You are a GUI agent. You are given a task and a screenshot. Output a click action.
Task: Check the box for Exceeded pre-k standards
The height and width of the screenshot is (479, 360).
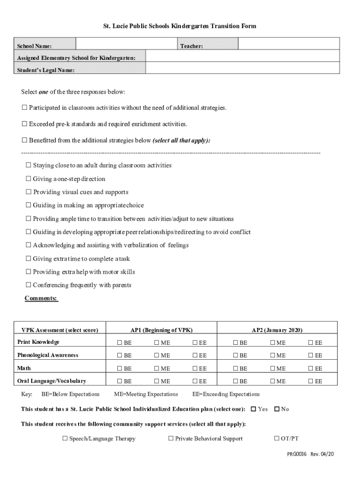coord(24,124)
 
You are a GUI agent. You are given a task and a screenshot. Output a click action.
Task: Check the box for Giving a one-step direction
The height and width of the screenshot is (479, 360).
coord(29,179)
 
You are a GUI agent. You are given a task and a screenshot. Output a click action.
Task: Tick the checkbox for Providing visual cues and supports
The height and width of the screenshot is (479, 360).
coord(29,192)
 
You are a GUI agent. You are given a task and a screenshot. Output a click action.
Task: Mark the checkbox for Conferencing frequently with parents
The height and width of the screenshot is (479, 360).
coord(29,285)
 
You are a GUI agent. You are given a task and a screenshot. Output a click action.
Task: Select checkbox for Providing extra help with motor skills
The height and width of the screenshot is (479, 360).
coord(29,272)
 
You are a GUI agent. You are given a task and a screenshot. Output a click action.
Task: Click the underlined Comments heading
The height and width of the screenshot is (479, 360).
coord(42,298)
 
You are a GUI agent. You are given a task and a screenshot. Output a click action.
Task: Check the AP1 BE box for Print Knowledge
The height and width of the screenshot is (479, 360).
coord(120,343)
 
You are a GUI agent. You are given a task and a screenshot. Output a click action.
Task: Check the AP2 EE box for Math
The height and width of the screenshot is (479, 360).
coord(310,369)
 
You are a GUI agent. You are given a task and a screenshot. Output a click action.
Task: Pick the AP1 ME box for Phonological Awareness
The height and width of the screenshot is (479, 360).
coord(157,356)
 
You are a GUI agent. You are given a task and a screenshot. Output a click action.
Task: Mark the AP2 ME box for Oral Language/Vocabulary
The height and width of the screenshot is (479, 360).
coord(272,382)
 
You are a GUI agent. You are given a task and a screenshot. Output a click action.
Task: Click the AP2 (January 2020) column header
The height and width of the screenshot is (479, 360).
coord(277,330)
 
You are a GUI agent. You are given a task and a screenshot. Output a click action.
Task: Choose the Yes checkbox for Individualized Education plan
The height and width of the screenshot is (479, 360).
coord(253,409)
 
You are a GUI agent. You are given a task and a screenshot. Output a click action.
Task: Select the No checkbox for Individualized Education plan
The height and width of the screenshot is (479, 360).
coord(277,409)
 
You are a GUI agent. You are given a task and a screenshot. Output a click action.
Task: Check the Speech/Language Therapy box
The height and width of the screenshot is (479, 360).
coord(65,439)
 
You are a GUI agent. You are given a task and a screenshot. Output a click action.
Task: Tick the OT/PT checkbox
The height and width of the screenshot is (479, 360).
coord(276,439)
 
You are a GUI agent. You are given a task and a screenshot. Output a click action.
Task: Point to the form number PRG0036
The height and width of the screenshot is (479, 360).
coord(296,455)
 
